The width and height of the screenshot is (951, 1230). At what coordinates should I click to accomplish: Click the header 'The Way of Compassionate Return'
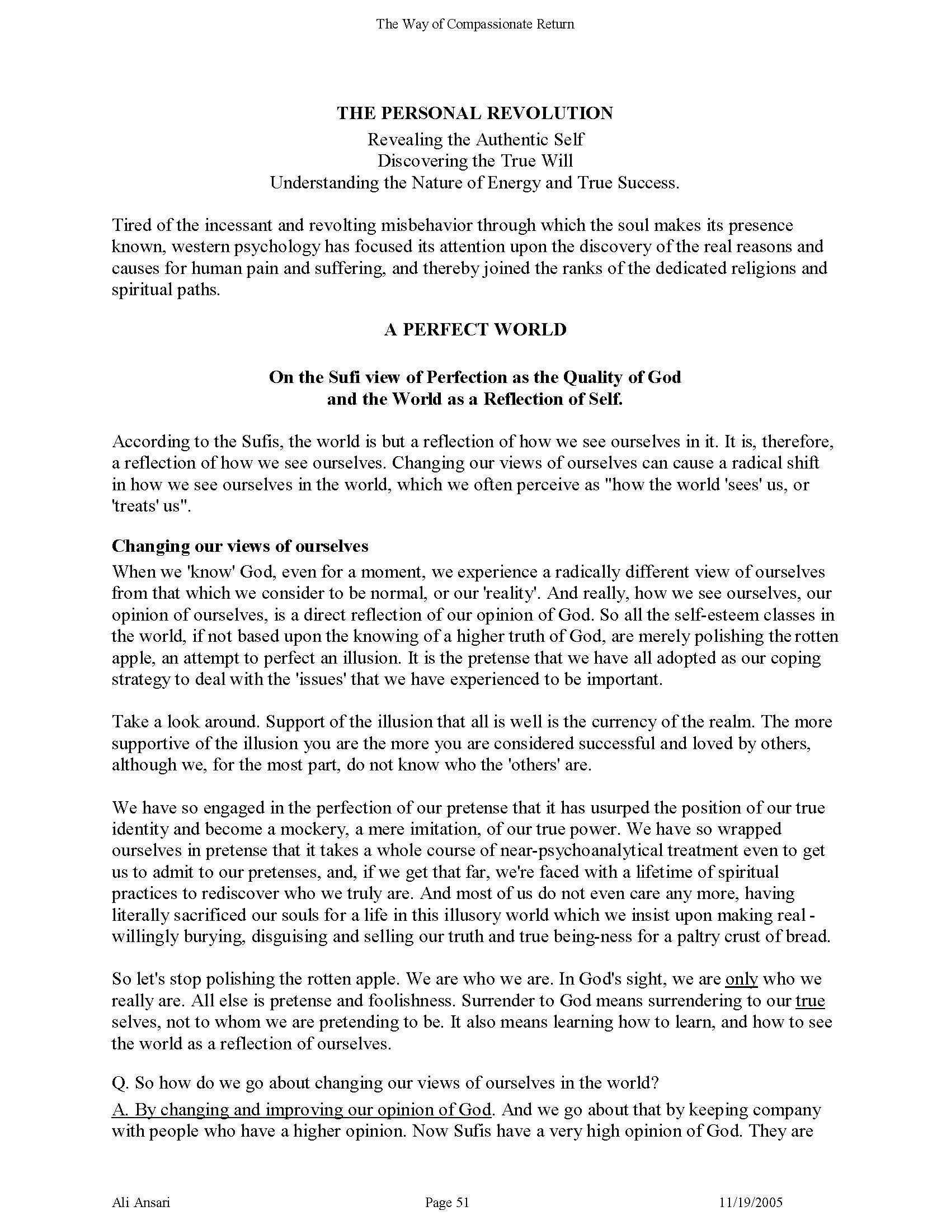click(x=475, y=24)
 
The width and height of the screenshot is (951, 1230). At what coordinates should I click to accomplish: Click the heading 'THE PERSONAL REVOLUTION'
click(x=475, y=113)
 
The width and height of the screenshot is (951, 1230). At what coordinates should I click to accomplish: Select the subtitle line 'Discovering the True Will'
click(x=475, y=161)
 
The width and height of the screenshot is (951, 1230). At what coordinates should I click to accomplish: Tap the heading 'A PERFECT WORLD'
click(x=475, y=329)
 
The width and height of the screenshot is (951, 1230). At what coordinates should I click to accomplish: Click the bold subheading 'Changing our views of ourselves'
click(x=240, y=546)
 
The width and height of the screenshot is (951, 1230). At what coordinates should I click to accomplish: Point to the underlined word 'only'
click(x=741, y=979)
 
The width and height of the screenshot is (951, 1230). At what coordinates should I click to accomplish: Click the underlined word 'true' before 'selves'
click(x=810, y=1000)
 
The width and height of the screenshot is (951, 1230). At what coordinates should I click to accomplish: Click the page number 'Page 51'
click(x=447, y=1203)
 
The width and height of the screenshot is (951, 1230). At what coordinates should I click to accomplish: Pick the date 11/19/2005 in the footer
click(x=751, y=1203)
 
